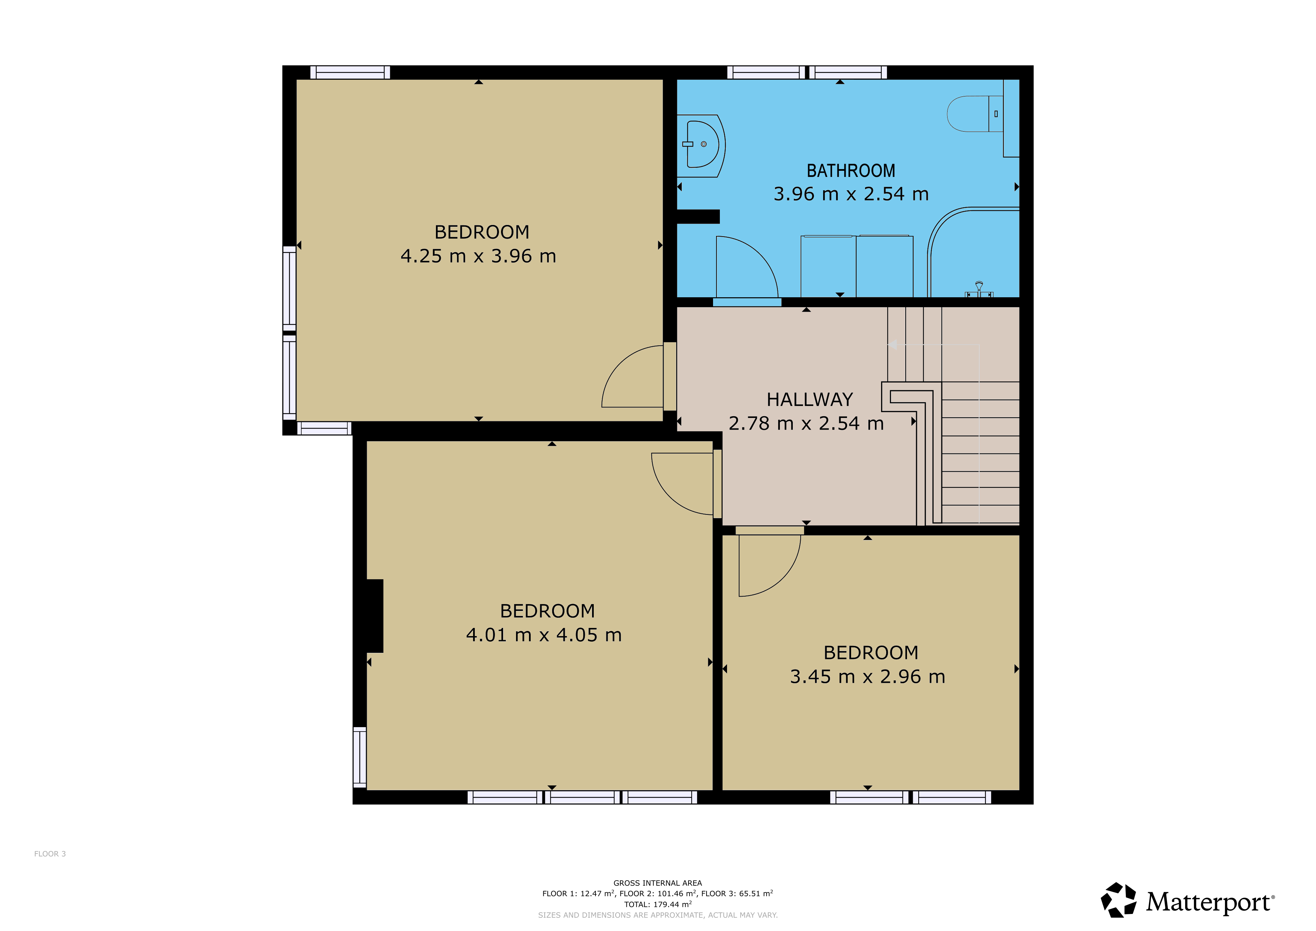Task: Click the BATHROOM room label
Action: (851, 171)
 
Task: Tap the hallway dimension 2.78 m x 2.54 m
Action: (806, 423)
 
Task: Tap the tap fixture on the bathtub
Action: (979, 289)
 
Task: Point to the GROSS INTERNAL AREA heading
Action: (657, 883)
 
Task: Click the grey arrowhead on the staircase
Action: (892, 345)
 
